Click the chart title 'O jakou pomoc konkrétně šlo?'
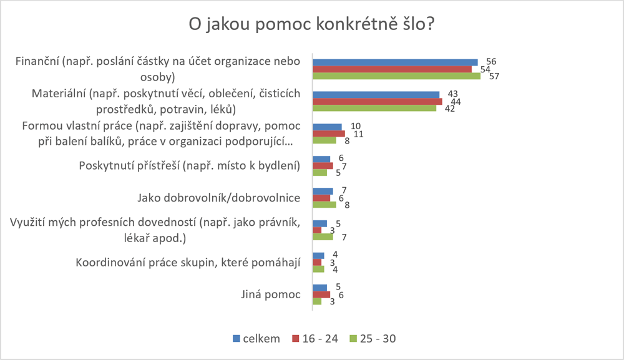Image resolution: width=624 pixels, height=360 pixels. pos(311,26)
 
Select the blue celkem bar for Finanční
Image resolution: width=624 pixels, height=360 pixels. pos(394,62)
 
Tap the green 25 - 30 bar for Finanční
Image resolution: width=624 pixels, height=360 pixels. pos(396,76)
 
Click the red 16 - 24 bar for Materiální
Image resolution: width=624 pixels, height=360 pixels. pos(377,101)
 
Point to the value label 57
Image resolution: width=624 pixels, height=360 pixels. pos(491,77)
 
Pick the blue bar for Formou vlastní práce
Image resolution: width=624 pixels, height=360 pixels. pos(327,127)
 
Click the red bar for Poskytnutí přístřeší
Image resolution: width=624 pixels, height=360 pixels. pos(323,166)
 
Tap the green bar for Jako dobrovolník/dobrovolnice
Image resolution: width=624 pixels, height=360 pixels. pos(324,205)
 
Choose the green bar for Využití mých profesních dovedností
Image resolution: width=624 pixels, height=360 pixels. pos(323,237)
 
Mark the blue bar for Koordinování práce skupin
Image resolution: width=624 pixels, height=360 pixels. pos(318,255)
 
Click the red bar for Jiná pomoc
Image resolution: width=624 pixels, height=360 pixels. pos(321,294)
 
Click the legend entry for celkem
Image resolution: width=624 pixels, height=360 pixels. pos(256,338)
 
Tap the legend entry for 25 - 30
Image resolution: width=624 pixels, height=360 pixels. pos(373,338)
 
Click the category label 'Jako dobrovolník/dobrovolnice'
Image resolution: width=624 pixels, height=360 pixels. pos(219,198)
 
